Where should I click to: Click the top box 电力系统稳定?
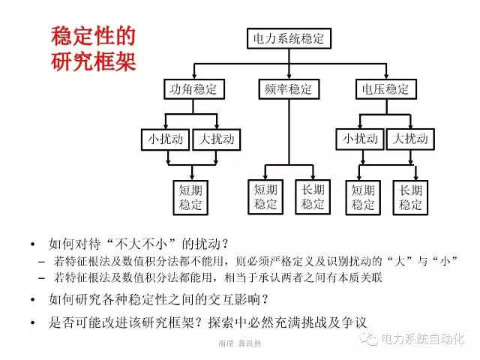[x=289, y=38]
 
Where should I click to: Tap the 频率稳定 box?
[x=288, y=89]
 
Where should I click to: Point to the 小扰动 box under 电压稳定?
[x=360, y=139]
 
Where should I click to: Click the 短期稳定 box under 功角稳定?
[x=190, y=196]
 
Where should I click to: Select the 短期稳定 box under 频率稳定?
[x=265, y=196]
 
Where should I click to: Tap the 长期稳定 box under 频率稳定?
[x=313, y=196]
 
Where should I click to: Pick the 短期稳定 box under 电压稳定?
[x=363, y=196]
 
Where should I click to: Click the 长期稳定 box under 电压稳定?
[x=411, y=196]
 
